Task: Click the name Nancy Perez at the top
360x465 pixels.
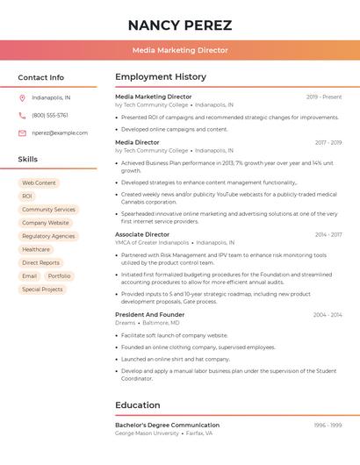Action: click(x=180, y=25)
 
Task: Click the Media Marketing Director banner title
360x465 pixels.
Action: click(x=180, y=50)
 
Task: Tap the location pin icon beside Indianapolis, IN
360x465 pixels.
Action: click(x=22, y=97)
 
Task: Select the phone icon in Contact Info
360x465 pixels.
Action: click(x=22, y=115)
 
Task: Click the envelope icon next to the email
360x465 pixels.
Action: click(x=22, y=132)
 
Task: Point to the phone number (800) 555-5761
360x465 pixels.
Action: click(x=50, y=115)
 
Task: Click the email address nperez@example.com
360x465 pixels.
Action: click(x=60, y=132)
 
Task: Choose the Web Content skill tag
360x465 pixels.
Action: click(x=39, y=182)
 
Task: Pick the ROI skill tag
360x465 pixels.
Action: click(x=27, y=197)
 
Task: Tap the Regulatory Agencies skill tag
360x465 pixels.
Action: click(x=48, y=236)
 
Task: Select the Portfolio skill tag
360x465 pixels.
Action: click(x=60, y=275)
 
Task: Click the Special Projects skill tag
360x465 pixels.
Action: click(x=42, y=289)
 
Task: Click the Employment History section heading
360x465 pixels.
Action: click(x=161, y=76)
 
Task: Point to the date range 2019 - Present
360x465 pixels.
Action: click(x=324, y=97)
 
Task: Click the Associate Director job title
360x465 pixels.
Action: click(x=142, y=234)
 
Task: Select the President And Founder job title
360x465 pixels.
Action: click(x=149, y=314)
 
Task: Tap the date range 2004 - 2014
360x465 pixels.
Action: click(x=328, y=314)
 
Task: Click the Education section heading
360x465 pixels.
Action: click(x=138, y=405)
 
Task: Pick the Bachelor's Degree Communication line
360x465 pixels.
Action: click(x=167, y=425)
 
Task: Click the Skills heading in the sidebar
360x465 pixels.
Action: click(x=28, y=159)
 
